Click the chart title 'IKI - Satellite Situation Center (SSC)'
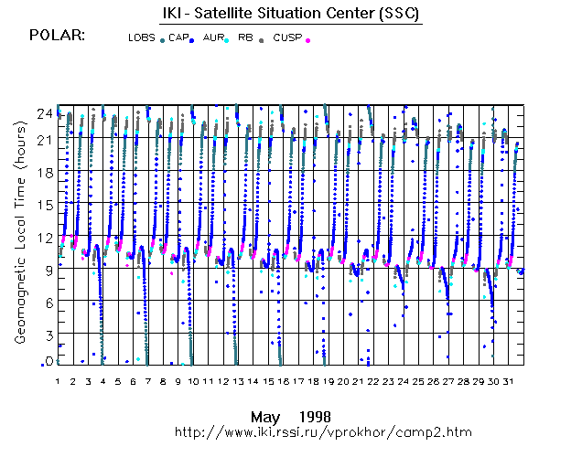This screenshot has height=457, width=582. coord(286,13)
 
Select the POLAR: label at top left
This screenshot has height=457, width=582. coord(58,36)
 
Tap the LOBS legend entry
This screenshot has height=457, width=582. coord(142,38)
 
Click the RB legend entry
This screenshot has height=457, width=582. coord(245,38)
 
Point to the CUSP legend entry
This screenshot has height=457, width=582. coord(287,38)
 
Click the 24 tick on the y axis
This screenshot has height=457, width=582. coord(42,113)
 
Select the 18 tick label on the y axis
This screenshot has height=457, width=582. coord(42,172)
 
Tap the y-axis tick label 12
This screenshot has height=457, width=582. coord(42,237)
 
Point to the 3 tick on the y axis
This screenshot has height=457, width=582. coord(46,335)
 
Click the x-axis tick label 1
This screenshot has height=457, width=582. coord(57,379)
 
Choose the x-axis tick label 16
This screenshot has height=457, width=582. coord(284,379)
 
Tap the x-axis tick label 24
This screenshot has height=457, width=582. coord(404,379)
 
